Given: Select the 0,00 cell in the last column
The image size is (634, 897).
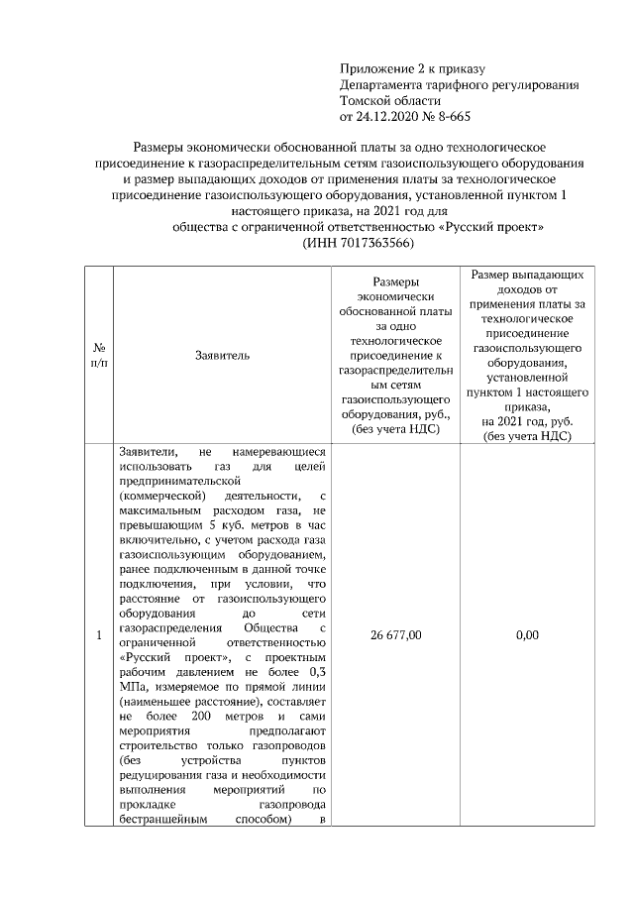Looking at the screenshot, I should coord(527,635).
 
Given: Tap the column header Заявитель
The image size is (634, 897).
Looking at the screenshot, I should coord(223,354).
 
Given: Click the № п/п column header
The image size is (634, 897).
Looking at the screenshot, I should coord(99,354).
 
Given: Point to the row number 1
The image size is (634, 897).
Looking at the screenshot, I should coord(99,635).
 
